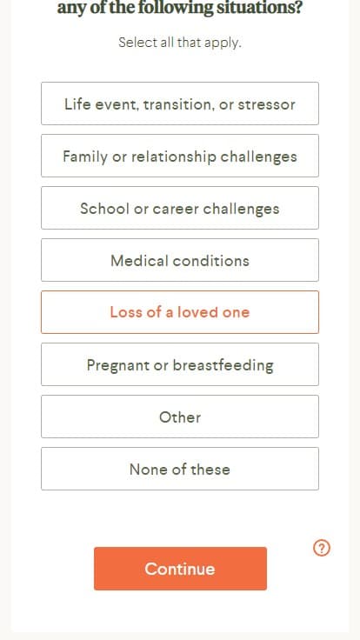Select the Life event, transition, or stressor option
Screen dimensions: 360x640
[x=180, y=103]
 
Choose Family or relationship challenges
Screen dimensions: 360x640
[x=180, y=156]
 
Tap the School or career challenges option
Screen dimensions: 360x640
[x=180, y=208]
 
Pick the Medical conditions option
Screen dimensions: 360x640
[x=180, y=260]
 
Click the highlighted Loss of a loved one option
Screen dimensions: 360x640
[x=180, y=312]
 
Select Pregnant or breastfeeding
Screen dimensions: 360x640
[x=180, y=364]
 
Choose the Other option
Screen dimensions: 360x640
[x=180, y=417]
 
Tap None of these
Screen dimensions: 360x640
[x=180, y=469]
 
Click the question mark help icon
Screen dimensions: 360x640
[x=322, y=548]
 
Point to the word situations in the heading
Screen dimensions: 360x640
[x=259, y=8]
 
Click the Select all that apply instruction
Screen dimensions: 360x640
[x=180, y=43]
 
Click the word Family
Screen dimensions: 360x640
[x=85, y=157]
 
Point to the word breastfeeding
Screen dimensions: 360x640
[x=223, y=365]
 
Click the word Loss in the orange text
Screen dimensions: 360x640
[x=123, y=312]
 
